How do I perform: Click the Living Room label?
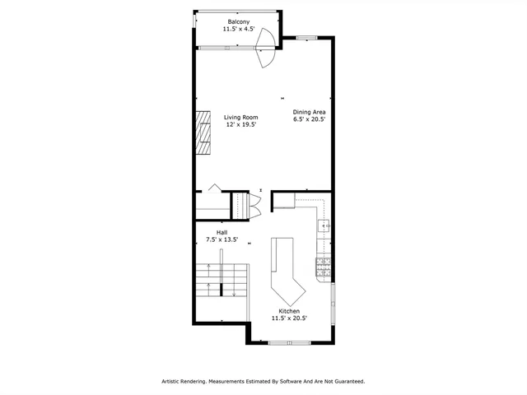click(240, 117)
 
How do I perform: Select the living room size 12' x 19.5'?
click(240, 125)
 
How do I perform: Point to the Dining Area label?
click(310, 111)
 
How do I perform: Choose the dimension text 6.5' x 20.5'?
click(310, 119)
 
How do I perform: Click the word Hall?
click(222, 232)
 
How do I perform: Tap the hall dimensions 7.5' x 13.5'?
click(222, 240)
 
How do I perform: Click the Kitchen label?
click(288, 311)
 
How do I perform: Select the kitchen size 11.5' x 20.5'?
click(288, 319)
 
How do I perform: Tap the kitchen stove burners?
click(323, 265)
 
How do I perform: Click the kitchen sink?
click(324, 225)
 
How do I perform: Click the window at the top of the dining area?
click(306, 37)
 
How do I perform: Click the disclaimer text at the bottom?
click(263, 381)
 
